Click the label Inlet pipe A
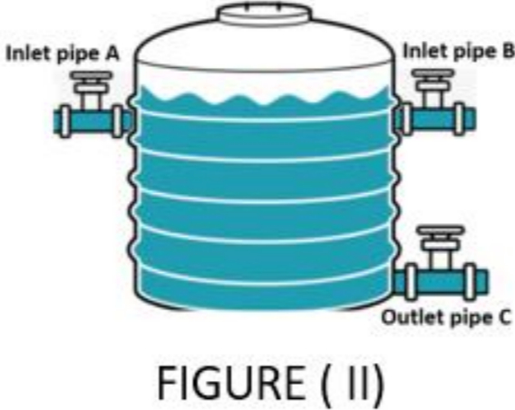63,54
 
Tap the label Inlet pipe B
459,52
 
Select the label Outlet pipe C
447,317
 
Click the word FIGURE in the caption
231,383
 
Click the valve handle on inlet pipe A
91,75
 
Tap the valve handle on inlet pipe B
433,73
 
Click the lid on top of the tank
264,15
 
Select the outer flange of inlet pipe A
65,122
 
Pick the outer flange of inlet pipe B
460,119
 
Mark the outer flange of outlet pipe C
471,282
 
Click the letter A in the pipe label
112,54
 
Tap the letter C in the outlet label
505,317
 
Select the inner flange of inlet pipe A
117,122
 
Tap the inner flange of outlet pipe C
411,282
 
